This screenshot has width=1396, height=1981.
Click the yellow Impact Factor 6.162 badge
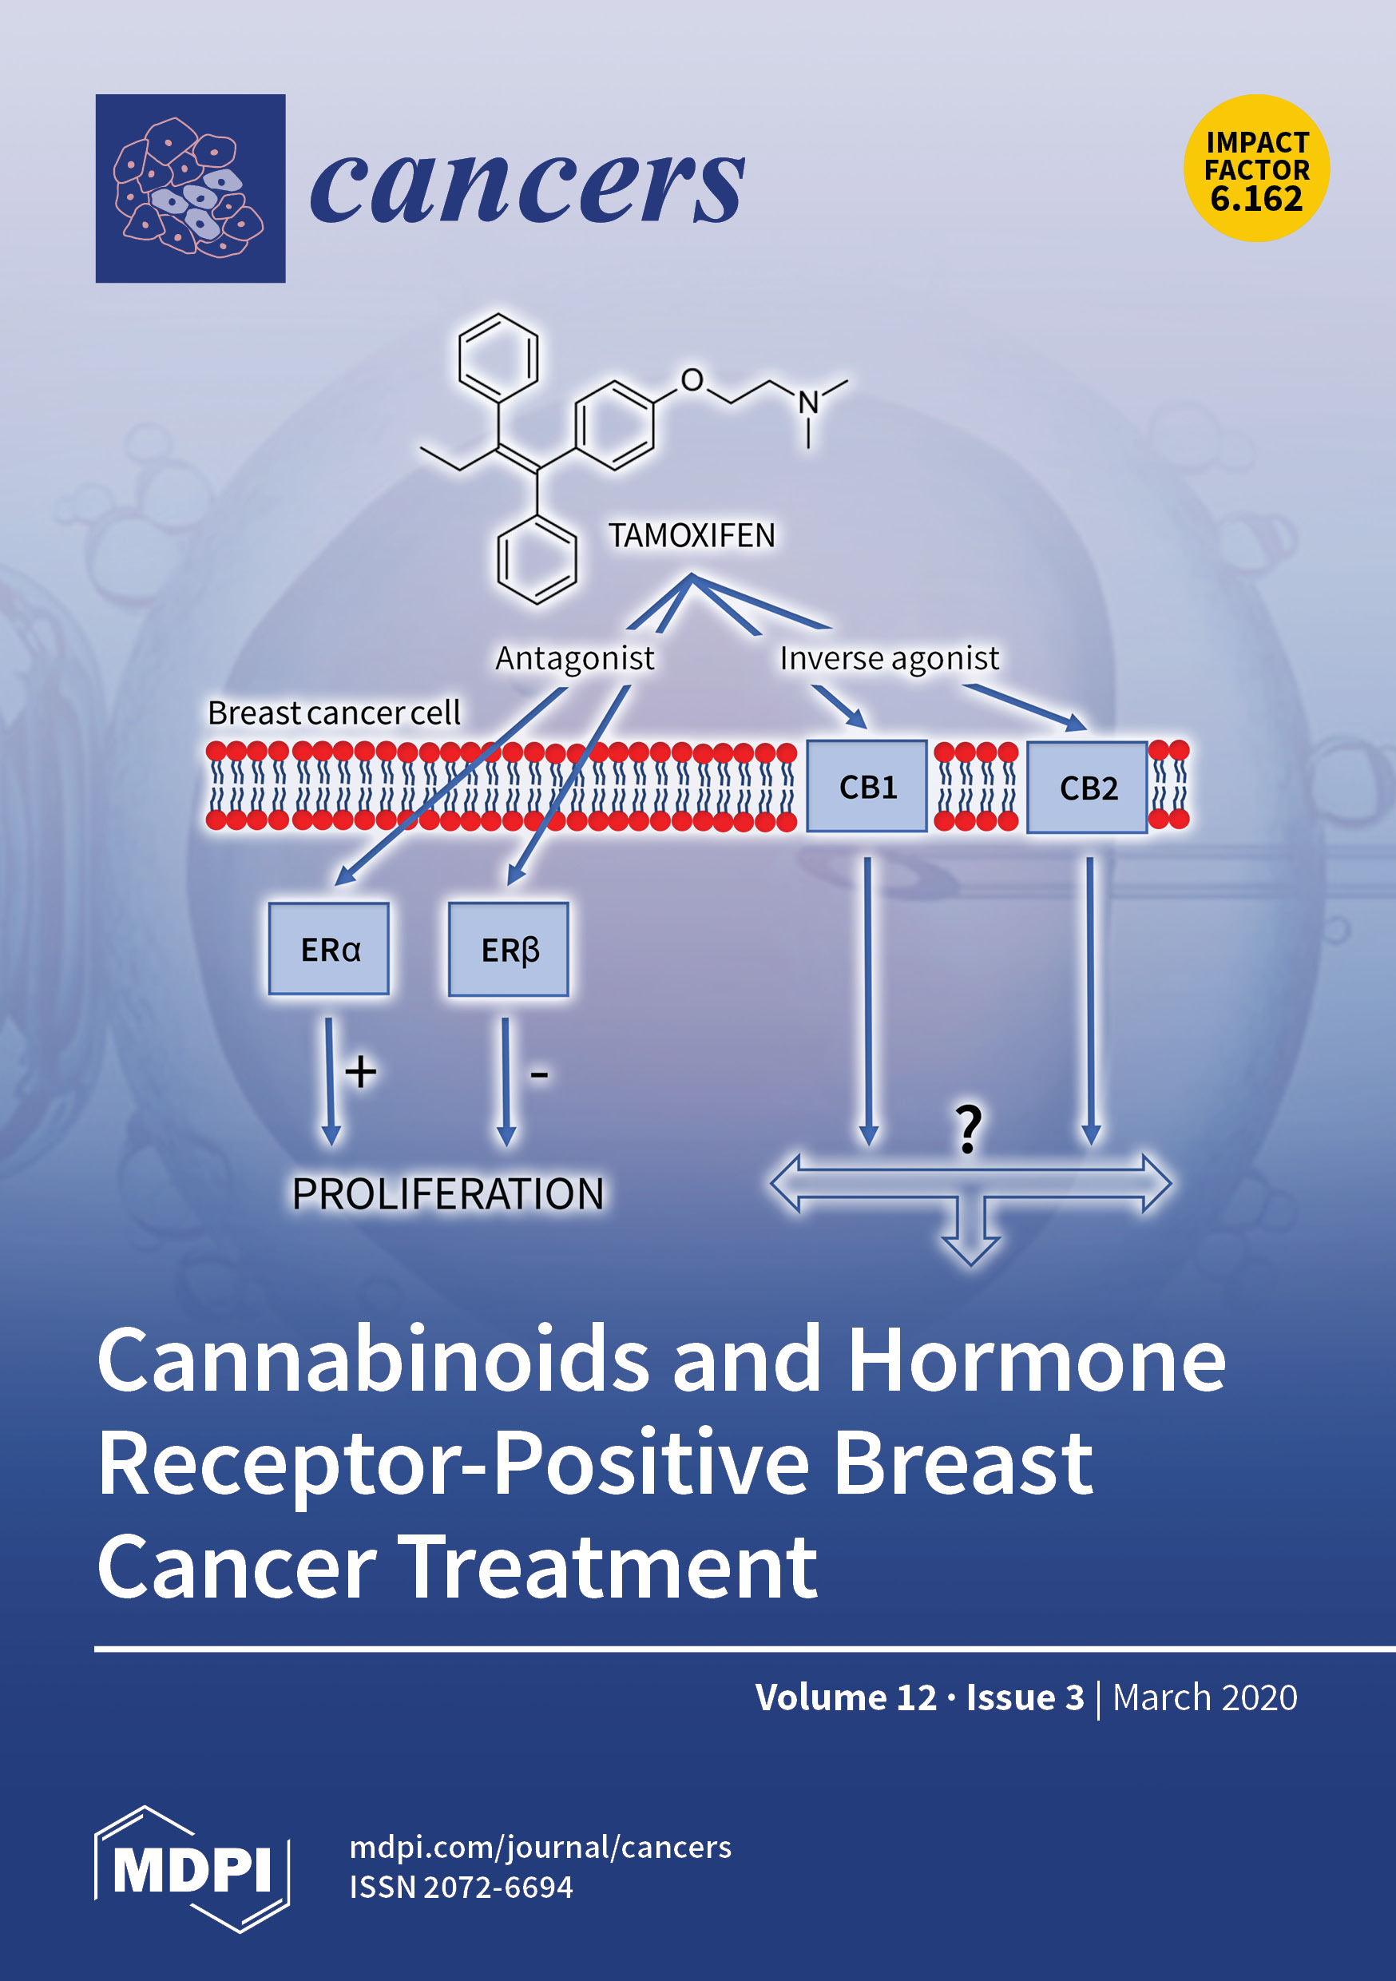(1256, 169)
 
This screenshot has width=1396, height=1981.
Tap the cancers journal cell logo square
(190, 188)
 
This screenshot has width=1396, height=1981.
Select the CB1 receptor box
(867, 786)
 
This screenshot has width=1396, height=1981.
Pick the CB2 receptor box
(1087, 787)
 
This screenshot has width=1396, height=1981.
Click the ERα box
(329, 949)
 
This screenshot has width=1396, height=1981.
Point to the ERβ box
(508, 949)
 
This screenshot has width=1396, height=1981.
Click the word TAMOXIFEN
(691, 536)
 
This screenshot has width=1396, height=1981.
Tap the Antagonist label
(575, 658)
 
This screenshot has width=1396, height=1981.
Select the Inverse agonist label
(889, 658)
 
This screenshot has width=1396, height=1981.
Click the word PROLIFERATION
(448, 1194)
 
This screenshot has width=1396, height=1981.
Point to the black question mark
(969, 1129)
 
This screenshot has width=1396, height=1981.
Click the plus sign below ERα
(361, 1073)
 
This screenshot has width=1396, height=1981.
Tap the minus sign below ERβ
(539, 1075)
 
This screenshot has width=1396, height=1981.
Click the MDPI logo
(192, 1869)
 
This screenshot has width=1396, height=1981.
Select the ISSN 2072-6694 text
(461, 1887)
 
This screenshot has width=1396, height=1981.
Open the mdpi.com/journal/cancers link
(540, 1848)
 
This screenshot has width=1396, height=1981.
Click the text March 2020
(1204, 1697)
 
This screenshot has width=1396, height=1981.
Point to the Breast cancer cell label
(334, 713)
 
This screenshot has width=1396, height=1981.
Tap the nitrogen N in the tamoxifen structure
(807, 402)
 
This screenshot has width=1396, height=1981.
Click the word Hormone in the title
(1036, 1360)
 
